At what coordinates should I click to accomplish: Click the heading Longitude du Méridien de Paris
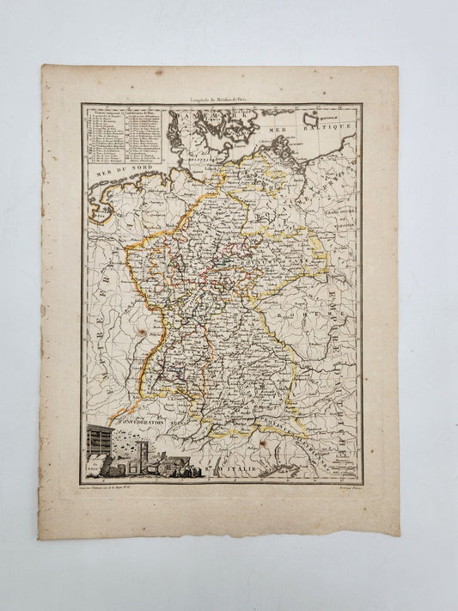(222, 101)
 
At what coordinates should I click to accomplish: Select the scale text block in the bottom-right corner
(338, 465)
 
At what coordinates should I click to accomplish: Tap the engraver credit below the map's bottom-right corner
(342, 487)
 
